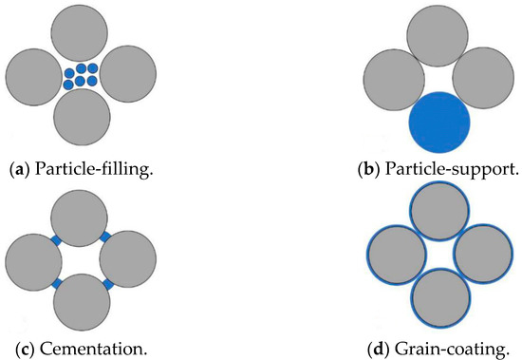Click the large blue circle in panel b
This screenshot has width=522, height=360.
[439, 123]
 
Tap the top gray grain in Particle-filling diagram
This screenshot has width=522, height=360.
[81, 31]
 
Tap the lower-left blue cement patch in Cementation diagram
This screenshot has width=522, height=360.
[57, 283]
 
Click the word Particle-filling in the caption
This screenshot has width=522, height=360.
[77, 174]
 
